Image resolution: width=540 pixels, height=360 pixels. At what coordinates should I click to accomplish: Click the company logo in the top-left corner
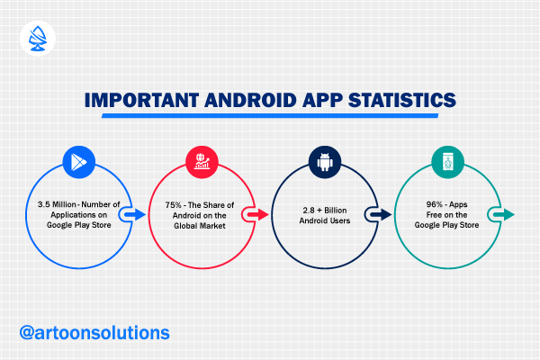click(38, 38)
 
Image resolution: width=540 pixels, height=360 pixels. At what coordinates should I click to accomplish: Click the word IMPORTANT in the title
click(142, 100)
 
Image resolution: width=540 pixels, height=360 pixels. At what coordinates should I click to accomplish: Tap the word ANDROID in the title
click(250, 100)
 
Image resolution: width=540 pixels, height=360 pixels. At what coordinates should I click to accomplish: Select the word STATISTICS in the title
click(402, 100)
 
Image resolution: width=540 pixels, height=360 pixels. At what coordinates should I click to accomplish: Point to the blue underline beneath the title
click(270, 116)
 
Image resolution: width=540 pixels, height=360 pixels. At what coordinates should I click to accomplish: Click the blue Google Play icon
click(79, 162)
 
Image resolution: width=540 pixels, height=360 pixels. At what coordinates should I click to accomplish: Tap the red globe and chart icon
click(202, 162)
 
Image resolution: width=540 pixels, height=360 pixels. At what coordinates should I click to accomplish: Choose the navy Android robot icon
click(325, 162)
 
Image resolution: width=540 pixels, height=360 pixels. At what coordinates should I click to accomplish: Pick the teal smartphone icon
click(447, 162)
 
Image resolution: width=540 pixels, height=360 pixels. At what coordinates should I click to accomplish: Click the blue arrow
click(135, 214)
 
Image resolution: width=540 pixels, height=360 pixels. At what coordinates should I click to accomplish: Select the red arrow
click(258, 214)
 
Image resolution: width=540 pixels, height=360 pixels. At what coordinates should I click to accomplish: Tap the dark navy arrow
click(381, 214)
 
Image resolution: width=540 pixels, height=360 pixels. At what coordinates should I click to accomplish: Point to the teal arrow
click(504, 214)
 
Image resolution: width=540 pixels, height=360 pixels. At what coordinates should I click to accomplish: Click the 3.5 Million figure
click(57, 204)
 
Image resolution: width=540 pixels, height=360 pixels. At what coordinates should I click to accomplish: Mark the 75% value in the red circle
click(173, 205)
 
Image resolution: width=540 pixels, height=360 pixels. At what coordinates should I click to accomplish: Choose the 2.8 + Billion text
click(325, 211)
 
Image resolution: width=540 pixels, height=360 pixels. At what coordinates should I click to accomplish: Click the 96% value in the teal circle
click(435, 204)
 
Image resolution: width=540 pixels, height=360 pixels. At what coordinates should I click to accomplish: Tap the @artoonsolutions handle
click(94, 333)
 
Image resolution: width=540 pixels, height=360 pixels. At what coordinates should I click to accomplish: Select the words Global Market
click(200, 226)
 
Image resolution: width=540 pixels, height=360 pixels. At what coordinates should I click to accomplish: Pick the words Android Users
click(325, 220)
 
